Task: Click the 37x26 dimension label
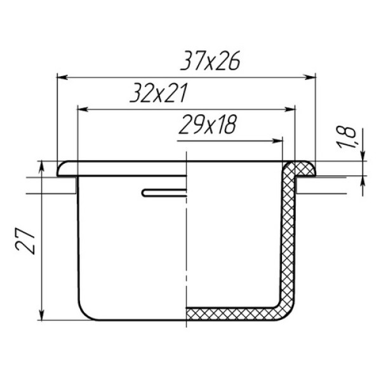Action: pos(210,60)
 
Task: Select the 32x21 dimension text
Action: pos(159,93)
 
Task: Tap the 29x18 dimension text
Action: pos(208,124)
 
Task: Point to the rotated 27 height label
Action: pos(25,240)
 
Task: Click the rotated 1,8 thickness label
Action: pos(346,137)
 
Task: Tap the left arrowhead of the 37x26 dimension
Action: pos(62,77)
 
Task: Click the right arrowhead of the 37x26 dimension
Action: pos(311,77)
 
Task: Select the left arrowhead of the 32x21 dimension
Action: pos(83,109)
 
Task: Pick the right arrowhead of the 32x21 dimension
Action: pos(290,109)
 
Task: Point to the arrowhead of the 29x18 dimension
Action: pos(277,141)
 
